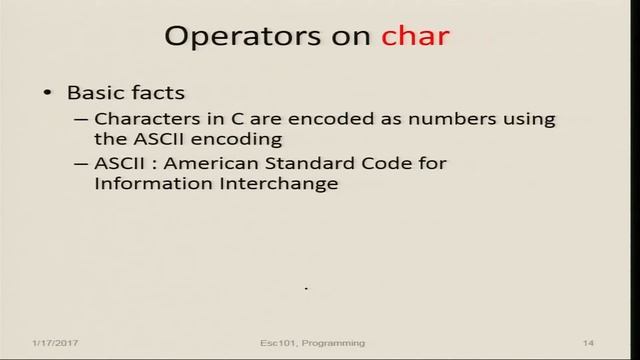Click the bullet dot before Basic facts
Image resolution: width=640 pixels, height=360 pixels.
point(48,93)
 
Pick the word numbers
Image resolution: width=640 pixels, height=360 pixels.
point(433,119)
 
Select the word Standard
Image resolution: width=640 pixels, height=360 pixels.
point(320,164)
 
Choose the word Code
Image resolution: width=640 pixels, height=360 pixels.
point(393,164)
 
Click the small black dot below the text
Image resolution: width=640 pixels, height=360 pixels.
point(305,289)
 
